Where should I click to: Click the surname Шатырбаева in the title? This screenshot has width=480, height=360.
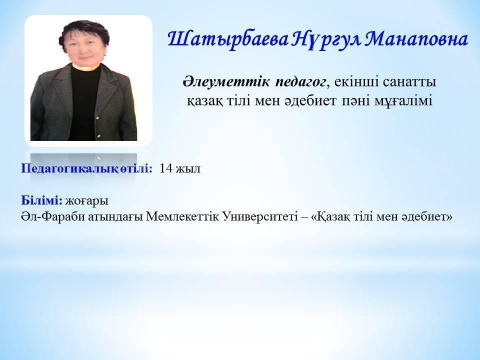[x=228, y=40]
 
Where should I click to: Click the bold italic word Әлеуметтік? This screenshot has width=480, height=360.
[x=226, y=81]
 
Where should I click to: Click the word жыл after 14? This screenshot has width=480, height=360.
[x=188, y=169]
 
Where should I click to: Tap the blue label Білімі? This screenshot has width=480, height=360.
[x=41, y=200]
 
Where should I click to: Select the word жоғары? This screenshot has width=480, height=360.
[x=86, y=201]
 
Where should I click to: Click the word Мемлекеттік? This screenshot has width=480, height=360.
[x=182, y=216]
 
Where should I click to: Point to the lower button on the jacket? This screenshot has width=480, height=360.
[x=99, y=136]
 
